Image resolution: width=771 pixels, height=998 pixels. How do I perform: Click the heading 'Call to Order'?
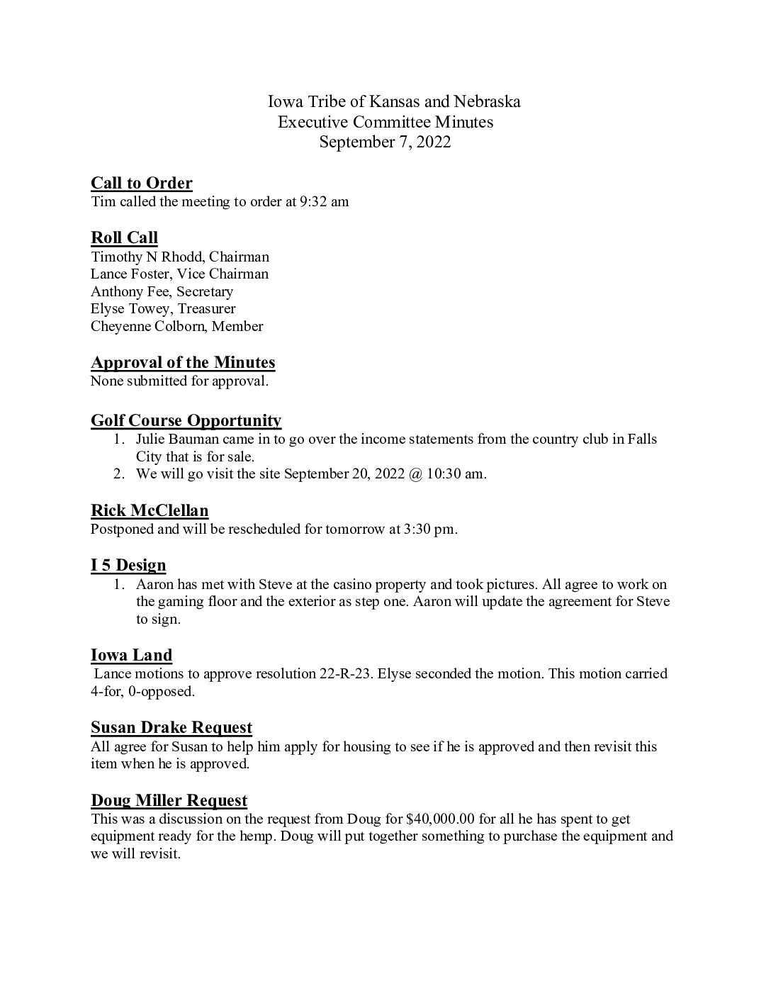click(141, 184)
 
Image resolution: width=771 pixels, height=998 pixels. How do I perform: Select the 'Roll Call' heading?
click(124, 237)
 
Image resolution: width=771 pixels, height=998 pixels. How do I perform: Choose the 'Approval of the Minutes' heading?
click(183, 363)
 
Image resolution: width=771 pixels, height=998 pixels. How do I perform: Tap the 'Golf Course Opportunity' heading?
click(186, 421)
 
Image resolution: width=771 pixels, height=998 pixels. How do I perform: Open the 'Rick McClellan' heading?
click(150, 511)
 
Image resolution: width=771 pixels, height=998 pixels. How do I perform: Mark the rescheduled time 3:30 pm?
click(429, 529)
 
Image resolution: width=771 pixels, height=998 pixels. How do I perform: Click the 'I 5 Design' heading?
click(128, 566)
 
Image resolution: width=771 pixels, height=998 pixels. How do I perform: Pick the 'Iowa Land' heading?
click(131, 656)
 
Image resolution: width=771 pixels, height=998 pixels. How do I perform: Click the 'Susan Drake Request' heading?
click(171, 728)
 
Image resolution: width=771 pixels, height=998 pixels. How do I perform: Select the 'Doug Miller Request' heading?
click(169, 801)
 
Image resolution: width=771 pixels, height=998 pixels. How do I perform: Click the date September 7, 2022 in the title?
click(385, 142)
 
